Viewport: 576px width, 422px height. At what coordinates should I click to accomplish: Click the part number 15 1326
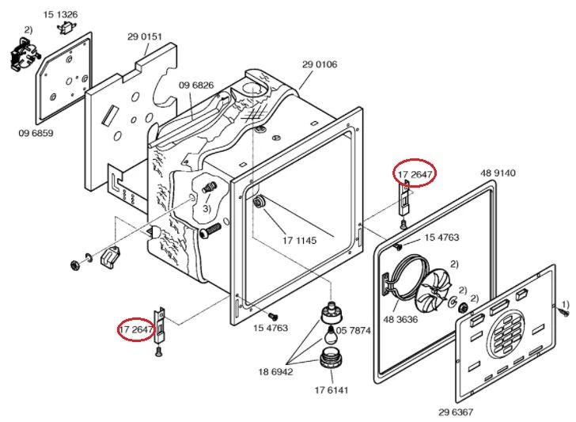(61, 15)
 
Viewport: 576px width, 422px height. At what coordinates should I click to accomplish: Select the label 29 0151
(145, 36)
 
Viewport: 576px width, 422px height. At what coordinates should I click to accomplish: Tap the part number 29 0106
(320, 64)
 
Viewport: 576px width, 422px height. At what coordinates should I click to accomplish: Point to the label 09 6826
(196, 86)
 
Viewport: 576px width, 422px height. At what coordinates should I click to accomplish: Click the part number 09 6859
(36, 133)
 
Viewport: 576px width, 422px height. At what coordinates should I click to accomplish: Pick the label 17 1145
(299, 241)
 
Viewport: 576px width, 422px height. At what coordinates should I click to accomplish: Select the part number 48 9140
(498, 173)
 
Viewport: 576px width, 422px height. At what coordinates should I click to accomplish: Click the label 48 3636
(401, 319)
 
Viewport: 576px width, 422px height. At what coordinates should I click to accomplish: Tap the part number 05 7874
(354, 330)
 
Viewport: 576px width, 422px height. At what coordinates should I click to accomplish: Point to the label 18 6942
(276, 371)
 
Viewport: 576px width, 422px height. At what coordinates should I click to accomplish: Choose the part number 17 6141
(332, 390)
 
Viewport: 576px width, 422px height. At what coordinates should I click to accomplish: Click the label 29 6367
(456, 412)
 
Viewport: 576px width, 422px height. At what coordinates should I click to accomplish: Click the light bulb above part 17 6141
(330, 334)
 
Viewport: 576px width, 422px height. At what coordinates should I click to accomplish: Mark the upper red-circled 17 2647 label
(415, 173)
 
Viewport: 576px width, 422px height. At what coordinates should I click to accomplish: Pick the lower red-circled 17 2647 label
(136, 329)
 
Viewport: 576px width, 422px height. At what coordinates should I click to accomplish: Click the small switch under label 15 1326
(66, 27)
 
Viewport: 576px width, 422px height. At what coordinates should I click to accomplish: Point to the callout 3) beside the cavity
(207, 209)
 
